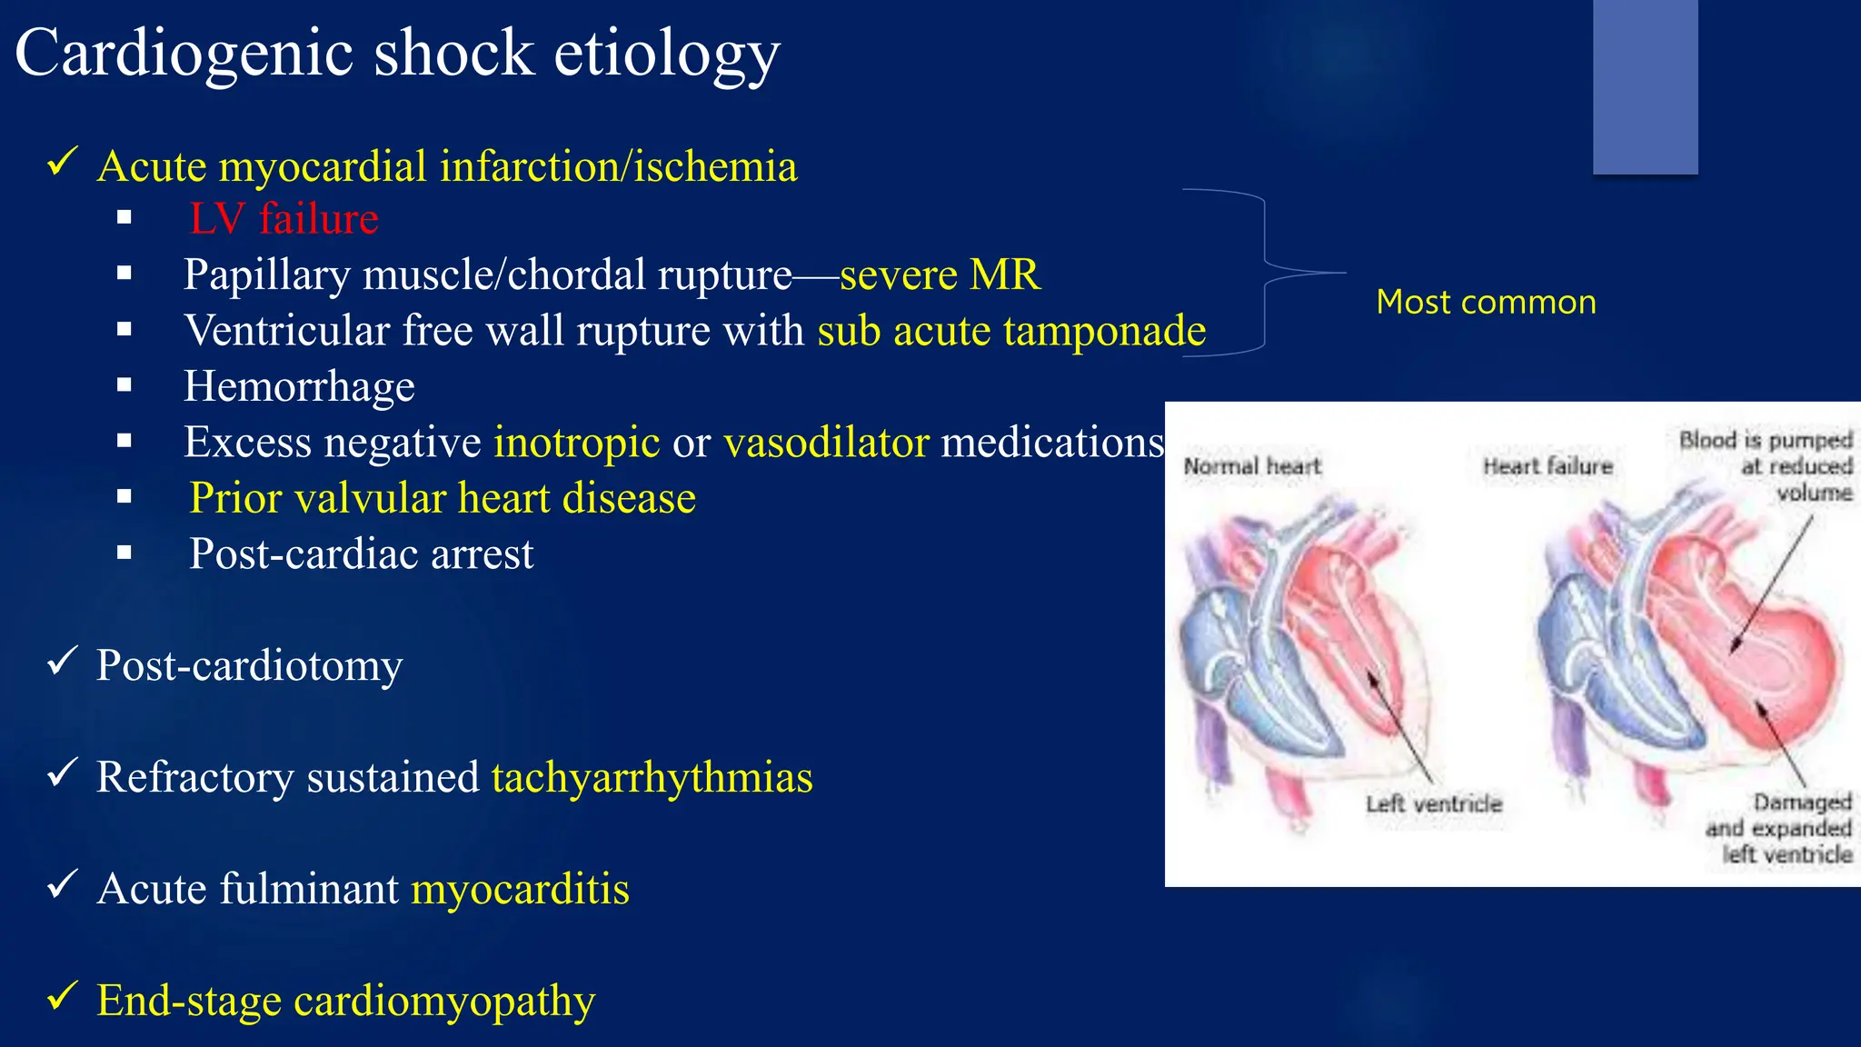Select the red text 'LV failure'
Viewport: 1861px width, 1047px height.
284,219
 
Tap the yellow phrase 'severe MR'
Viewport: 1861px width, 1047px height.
940,274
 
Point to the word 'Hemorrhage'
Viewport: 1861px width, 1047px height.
299,386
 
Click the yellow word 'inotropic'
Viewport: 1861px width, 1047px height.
576,443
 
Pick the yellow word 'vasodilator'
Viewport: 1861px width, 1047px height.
826,443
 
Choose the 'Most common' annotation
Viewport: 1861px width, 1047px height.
1486,302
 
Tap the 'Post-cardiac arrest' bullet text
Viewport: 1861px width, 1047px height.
361,553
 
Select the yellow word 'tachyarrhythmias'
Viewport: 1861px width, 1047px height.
652,777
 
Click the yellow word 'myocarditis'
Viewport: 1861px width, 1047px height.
520,889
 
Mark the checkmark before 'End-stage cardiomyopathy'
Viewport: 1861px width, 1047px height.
62,996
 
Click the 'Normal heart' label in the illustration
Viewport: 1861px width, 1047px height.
1251,466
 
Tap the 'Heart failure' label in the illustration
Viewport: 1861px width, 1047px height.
1548,466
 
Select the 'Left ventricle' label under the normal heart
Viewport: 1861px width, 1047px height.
1433,803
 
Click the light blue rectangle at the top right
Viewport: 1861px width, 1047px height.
1645,86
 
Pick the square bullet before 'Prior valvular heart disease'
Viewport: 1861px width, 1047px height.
124,497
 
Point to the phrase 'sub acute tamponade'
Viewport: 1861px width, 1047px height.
1011,331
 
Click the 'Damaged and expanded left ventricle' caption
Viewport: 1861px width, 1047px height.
1778,828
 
